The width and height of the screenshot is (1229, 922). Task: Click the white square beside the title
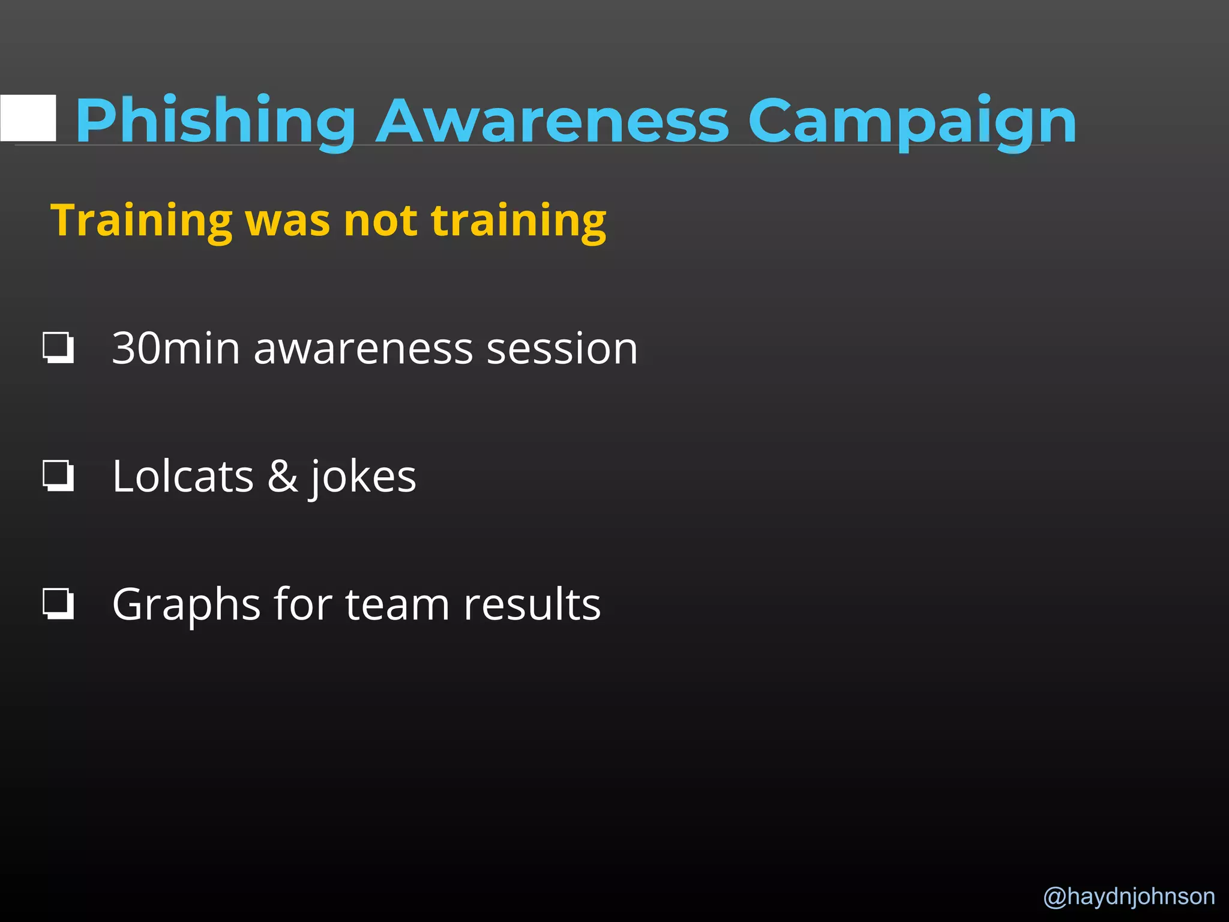point(28,118)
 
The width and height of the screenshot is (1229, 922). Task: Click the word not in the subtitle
point(380,221)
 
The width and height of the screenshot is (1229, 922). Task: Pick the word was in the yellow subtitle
point(288,221)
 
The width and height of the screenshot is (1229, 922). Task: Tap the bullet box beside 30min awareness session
point(59,348)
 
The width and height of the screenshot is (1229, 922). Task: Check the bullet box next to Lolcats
point(59,476)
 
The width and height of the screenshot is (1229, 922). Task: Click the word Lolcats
point(183,476)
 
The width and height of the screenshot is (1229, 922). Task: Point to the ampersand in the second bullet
point(282,476)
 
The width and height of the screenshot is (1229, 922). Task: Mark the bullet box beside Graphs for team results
point(59,604)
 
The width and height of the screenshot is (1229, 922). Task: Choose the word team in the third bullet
point(397,604)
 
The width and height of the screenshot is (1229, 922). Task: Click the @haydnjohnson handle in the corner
point(1129,896)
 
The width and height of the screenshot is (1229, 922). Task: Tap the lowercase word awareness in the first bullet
point(363,348)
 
